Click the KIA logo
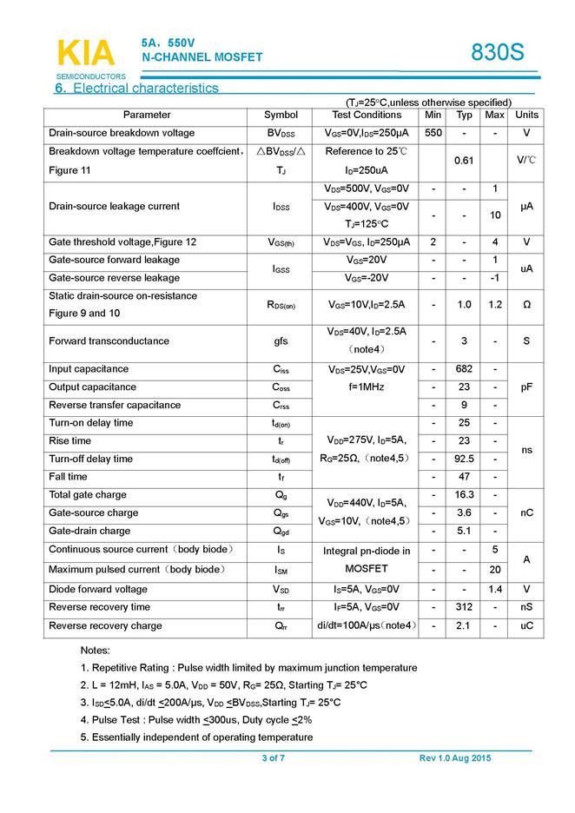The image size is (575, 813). click(x=85, y=54)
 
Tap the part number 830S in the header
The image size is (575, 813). click(x=498, y=53)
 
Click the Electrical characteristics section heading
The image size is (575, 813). click(x=136, y=88)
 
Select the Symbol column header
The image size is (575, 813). click(x=281, y=115)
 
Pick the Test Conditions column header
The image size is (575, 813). click(x=367, y=115)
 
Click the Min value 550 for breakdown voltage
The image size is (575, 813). click(x=433, y=133)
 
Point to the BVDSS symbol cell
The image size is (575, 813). click(x=281, y=134)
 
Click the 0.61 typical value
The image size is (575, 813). click(x=464, y=161)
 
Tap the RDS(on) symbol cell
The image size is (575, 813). click(x=281, y=305)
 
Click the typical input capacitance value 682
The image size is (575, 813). click(x=464, y=369)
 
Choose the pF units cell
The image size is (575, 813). click(x=526, y=387)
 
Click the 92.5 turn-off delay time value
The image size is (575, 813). click(x=464, y=459)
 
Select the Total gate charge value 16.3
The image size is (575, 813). click(x=464, y=495)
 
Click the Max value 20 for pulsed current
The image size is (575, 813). click(x=494, y=570)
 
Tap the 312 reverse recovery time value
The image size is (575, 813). click(x=464, y=607)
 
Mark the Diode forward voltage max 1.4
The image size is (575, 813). click(x=494, y=589)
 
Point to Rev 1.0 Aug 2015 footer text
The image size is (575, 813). click(x=454, y=758)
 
